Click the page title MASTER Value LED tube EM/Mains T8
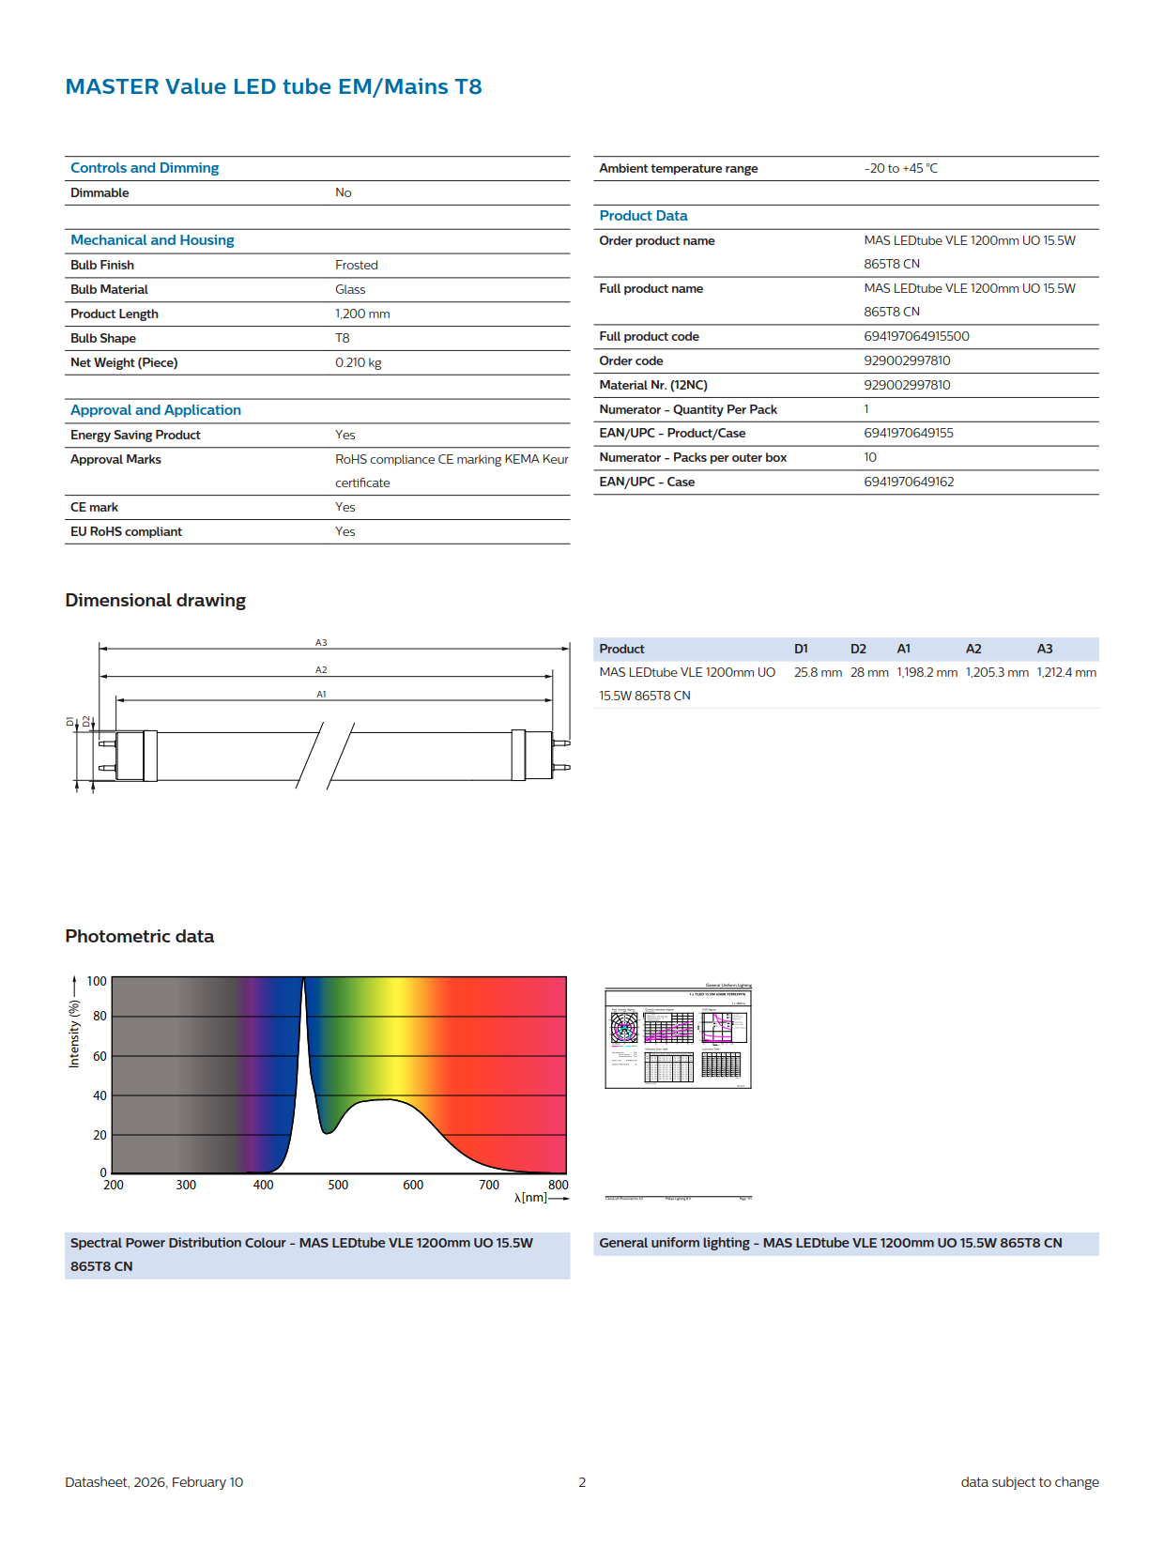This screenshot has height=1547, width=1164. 273,86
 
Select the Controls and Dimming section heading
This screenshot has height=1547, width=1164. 145,168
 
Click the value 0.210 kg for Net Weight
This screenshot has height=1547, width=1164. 358,362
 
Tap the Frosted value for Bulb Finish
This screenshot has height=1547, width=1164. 356,265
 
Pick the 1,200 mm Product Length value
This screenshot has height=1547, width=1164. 362,314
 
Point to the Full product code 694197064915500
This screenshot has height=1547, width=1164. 916,336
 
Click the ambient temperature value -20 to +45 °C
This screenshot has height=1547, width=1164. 900,168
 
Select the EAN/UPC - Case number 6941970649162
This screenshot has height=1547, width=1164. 909,482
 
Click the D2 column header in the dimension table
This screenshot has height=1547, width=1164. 858,649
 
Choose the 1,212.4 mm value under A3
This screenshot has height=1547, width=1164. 1066,672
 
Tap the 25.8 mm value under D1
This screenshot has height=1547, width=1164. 818,672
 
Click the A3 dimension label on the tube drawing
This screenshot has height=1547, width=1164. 321,643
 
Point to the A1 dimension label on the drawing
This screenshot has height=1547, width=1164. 321,695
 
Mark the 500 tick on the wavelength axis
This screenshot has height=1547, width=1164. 338,1185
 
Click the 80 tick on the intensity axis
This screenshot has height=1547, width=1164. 100,1016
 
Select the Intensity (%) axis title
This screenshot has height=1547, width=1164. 74,1034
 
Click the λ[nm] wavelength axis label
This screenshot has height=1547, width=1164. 530,1198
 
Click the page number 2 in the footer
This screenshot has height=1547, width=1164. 582,1482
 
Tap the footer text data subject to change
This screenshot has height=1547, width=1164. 1029,1482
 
